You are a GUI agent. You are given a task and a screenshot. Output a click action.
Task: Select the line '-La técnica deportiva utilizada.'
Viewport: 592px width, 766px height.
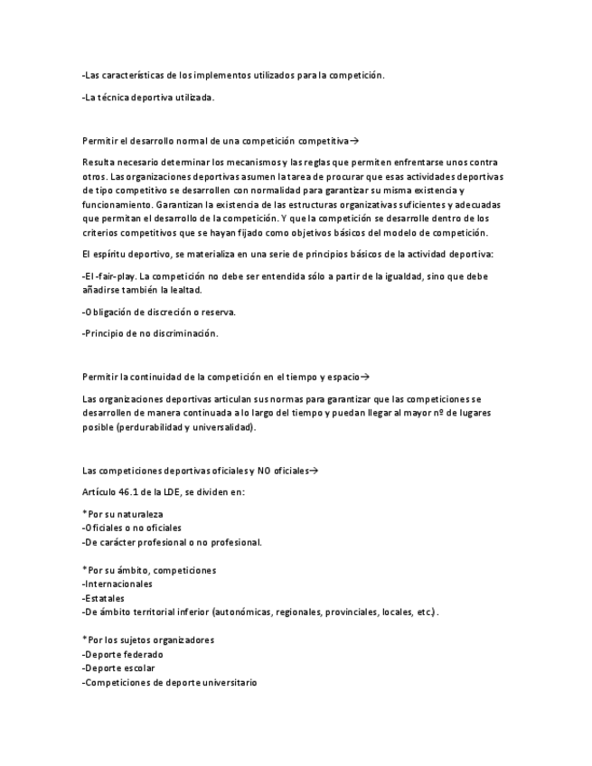pyautogui.click(x=147, y=98)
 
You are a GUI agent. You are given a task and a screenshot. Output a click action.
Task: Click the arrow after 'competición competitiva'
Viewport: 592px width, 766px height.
pyautogui.click(x=354, y=141)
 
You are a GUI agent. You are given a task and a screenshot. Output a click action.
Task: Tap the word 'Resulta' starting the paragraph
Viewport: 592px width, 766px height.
pyautogui.click(x=98, y=162)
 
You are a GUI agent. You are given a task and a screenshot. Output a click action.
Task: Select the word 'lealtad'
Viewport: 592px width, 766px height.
pyautogui.click(x=183, y=289)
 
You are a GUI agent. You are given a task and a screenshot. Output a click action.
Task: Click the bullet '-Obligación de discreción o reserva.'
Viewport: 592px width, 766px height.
pyautogui.click(x=158, y=312)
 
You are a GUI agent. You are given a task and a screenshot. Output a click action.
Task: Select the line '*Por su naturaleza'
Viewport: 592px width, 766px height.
pyautogui.click(x=122, y=514)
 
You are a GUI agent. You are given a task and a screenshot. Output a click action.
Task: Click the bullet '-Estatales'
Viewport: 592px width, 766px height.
pyautogui.click(x=103, y=598)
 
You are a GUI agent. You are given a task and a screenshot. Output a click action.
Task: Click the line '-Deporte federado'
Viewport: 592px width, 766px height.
pyautogui.click(x=123, y=655)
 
